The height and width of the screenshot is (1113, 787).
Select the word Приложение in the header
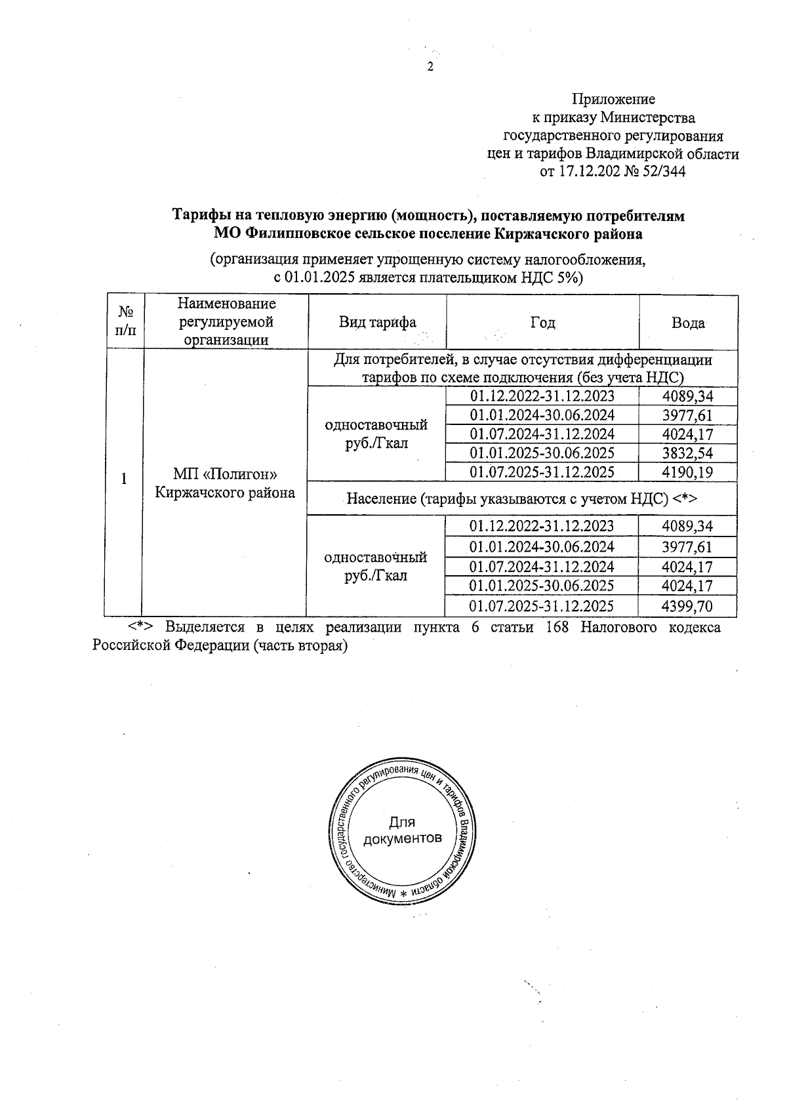click(x=613, y=100)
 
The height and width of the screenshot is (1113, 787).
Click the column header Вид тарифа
click(x=377, y=323)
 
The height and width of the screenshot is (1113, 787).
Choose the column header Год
click(x=542, y=323)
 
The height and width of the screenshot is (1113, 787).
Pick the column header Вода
click(x=688, y=323)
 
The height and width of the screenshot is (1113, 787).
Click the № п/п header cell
click(x=125, y=321)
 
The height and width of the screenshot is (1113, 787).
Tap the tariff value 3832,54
click(x=687, y=453)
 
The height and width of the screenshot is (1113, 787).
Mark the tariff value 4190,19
click(x=687, y=472)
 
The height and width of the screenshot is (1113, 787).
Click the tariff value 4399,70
click(x=687, y=606)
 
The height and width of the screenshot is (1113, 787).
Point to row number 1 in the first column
click(x=124, y=479)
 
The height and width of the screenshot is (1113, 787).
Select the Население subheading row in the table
click(x=521, y=499)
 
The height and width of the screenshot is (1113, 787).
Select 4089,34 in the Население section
click(x=687, y=526)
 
